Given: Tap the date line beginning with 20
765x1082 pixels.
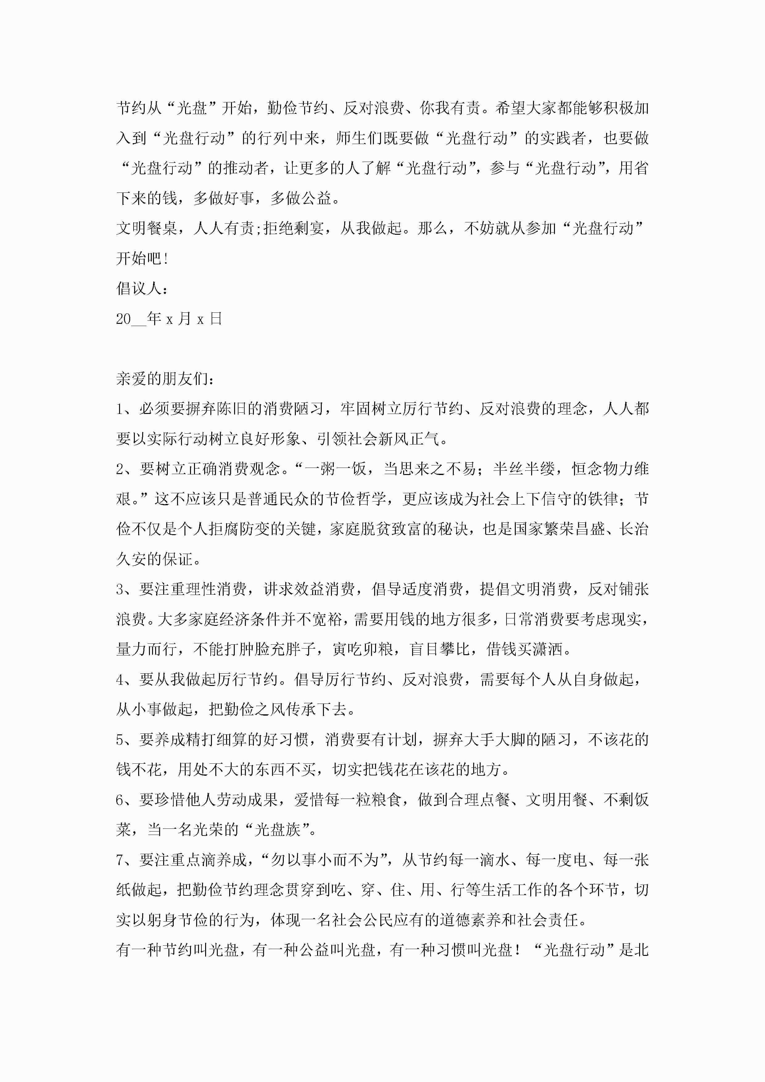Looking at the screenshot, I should point(169,319).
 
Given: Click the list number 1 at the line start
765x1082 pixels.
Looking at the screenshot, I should point(120,409).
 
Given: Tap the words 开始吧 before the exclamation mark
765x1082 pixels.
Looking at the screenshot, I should point(139,258).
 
